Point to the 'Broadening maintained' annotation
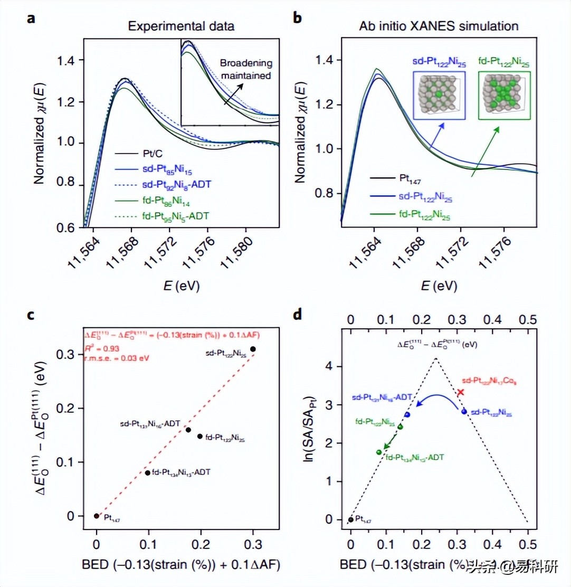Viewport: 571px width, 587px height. tap(252, 69)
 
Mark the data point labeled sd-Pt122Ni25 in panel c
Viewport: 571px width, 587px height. tap(253, 349)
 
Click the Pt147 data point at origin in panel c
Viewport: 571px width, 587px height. tap(97, 516)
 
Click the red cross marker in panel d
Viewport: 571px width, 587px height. tap(460, 392)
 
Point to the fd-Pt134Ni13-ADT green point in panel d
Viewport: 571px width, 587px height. tap(378, 452)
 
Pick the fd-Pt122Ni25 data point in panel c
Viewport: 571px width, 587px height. tap(200, 436)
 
